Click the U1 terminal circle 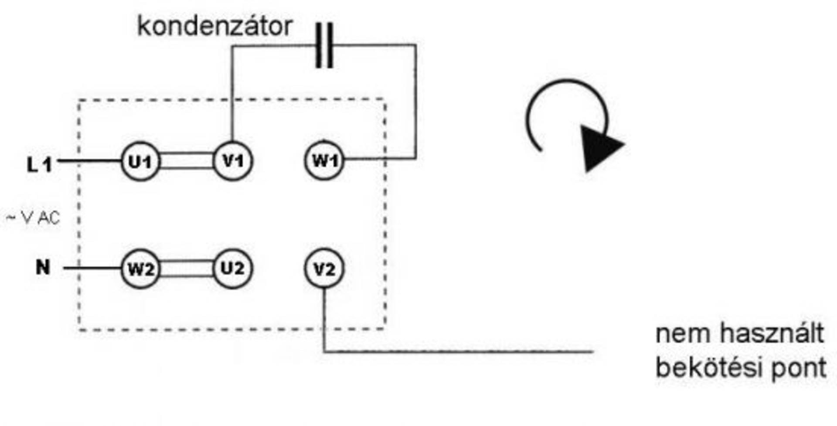140,161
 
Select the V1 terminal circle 233,161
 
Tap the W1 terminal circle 324,160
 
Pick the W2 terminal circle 140,269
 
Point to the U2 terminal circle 233,269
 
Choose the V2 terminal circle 324,269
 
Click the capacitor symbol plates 324,45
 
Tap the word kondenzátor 214,26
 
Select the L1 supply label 39,165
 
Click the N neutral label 43,267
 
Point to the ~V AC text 33,218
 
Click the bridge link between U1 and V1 187,161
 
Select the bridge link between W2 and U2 187,269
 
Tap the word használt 772,334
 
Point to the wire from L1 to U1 89,161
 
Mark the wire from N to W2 92,268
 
